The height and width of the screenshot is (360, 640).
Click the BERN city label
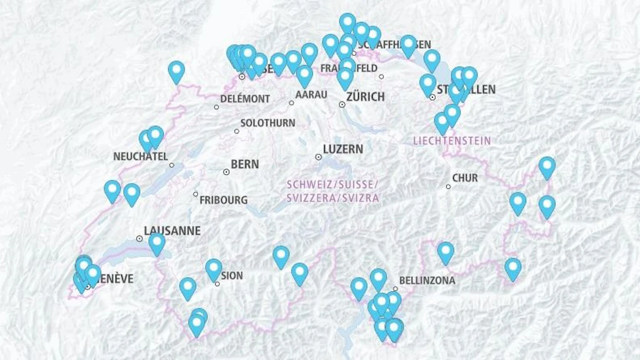(x=244, y=164)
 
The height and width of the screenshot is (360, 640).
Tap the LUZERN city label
(x=342, y=149)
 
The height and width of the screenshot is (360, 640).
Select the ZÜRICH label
(x=365, y=97)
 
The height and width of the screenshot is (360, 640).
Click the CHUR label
(x=465, y=178)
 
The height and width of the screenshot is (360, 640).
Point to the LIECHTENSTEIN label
(x=452, y=141)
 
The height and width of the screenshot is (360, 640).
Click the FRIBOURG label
(x=223, y=200)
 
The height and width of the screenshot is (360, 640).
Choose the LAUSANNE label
(x=172, y=231)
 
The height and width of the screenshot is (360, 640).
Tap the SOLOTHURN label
(x=267, y=123)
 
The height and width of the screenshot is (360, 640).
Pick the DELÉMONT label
(x=245, y=99)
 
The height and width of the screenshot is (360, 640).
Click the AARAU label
(x=311, y=94)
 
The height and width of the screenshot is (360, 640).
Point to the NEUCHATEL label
(x=141, y=156)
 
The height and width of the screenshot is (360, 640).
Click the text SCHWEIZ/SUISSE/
(x=332, y=185)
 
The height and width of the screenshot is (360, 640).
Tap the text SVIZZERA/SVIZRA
(x=332, y=197)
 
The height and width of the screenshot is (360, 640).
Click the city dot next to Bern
(x=226, y=171)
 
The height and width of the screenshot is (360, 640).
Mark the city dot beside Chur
(x=448, y=186)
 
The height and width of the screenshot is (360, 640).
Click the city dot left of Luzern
(x=318, y=157)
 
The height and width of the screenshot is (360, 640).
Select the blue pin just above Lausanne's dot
(x=157, y=242)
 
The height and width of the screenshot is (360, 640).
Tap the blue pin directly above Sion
(x=214, y=269)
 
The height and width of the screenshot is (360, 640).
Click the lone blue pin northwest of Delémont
(x=177, y=71)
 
